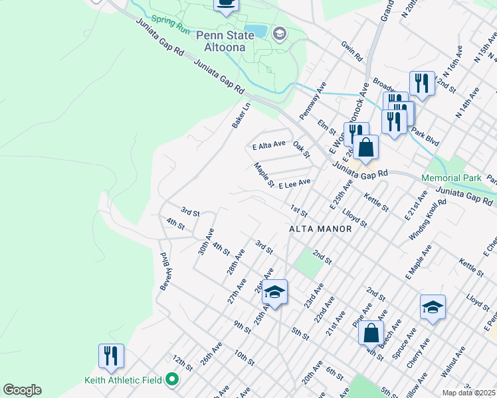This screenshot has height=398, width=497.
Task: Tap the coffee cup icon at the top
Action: [x=226, y=4]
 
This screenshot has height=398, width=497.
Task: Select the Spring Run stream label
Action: [x=171, y=25]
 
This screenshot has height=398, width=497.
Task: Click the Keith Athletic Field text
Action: [x=124, y=380]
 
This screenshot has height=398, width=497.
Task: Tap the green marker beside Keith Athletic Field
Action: [x=173, y=380]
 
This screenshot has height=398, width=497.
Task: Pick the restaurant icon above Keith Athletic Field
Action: [x=111, y=356]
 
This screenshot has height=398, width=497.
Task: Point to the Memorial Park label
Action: [x=450, y=178]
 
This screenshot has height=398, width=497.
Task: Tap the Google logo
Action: [x=22, y=390]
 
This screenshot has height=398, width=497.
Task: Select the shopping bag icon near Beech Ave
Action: [x=371, y=332]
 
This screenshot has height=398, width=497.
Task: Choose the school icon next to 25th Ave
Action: [x=274, y=292]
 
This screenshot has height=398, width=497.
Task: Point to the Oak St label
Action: [x=301, y=149]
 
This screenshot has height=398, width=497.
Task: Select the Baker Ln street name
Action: [x=241, y=115]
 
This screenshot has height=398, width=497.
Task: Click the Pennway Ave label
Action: [x=312, y=101]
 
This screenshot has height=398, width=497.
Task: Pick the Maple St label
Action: [x=263, y=174]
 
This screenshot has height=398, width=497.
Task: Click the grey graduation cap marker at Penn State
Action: [x=280, y=34]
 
